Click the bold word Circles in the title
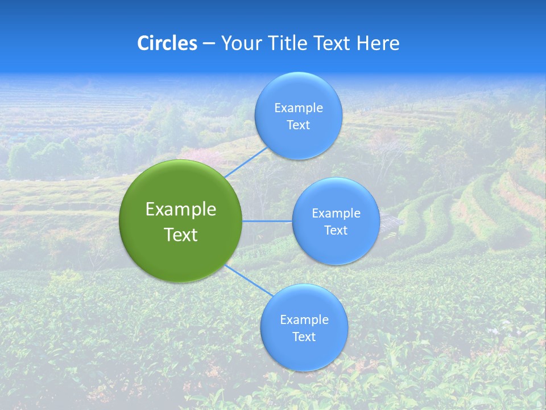[167, 43]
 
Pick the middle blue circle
[336, 248]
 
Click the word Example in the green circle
[181, 210]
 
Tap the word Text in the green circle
[181, 235]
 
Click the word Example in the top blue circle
[298, 108]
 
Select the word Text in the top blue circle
[298, 125]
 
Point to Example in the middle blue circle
[336, 214]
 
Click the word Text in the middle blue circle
[336, 231]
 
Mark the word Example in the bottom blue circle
[304, 320]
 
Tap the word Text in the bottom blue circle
[304, 337]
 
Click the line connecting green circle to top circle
[246, 162]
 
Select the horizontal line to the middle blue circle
[267, 221]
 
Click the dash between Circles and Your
[209, 44]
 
